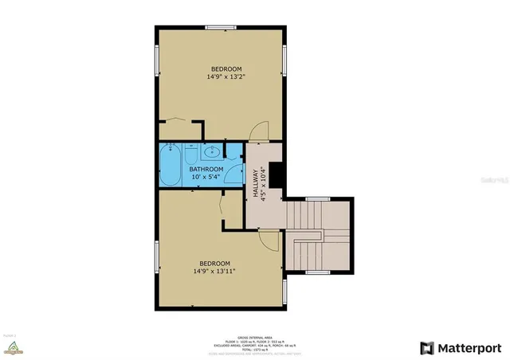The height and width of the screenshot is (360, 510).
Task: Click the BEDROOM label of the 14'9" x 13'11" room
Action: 215,264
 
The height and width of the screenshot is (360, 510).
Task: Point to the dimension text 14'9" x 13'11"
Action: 215,272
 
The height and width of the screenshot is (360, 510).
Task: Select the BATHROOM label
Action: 206,169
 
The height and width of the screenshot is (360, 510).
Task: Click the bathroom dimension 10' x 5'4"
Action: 206,177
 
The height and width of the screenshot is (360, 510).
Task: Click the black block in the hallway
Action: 277,175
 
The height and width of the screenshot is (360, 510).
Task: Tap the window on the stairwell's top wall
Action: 318,198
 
